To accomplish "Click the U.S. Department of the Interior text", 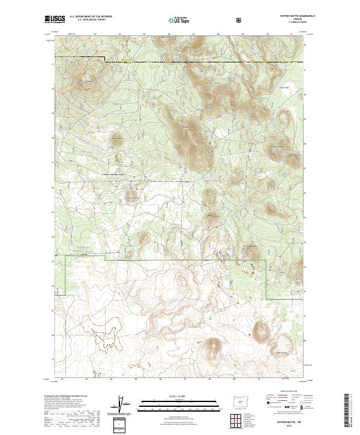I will (87, 17).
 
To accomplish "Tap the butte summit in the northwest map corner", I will (89, 79).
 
